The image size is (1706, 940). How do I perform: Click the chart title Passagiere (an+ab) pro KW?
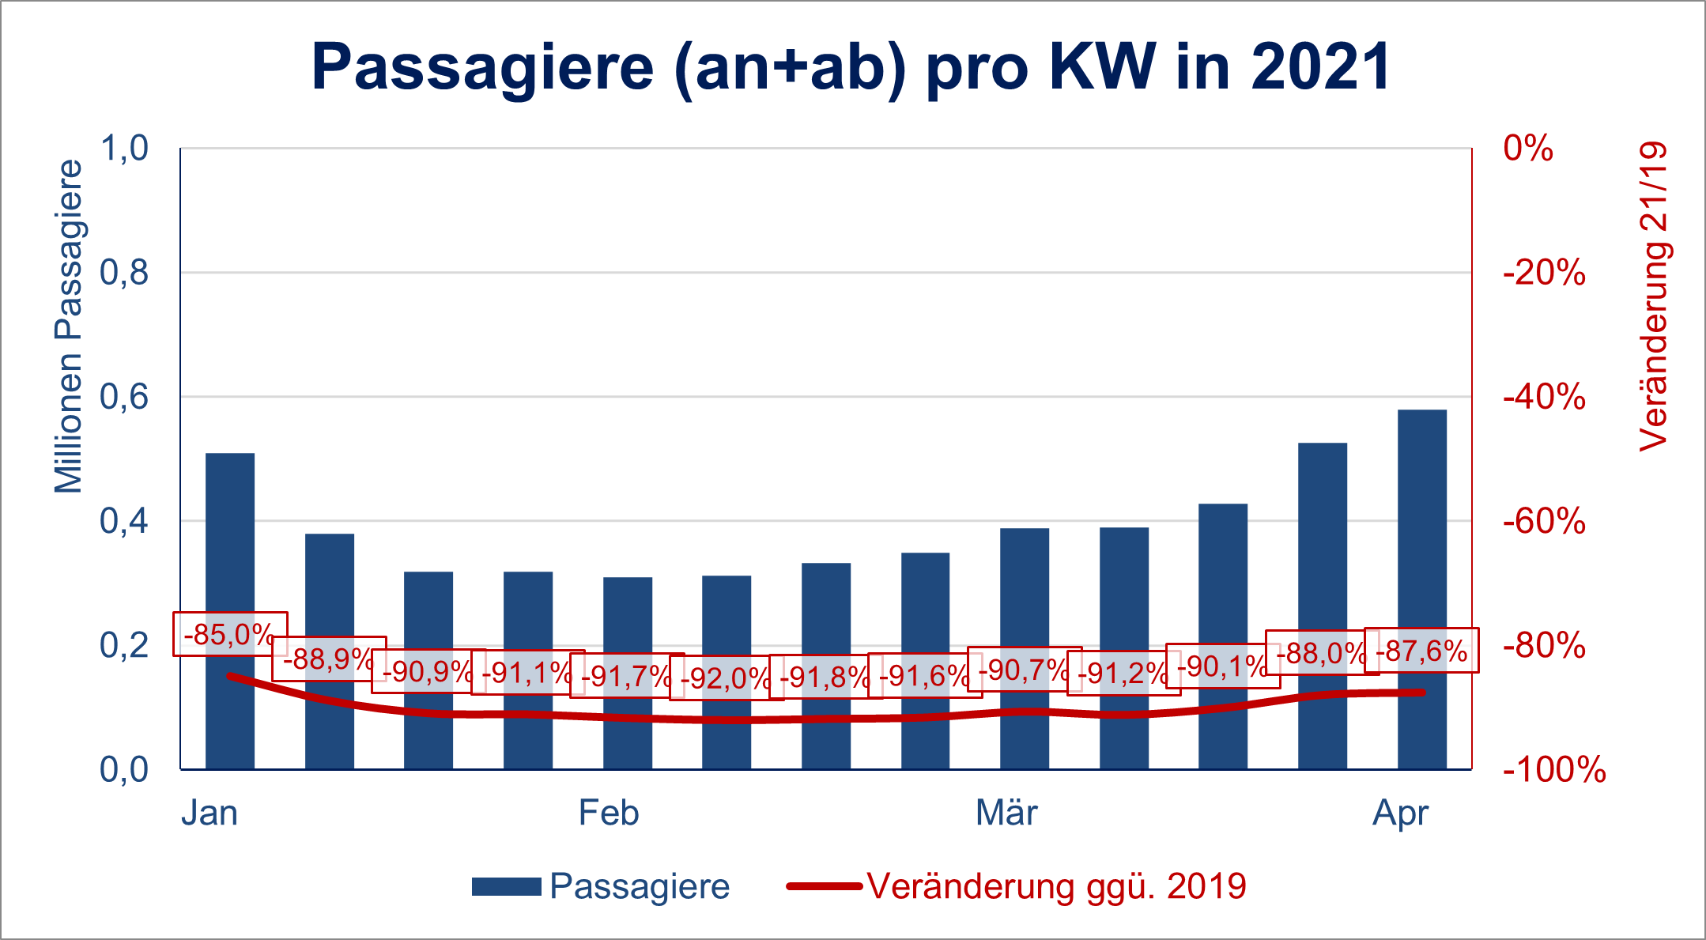(x=851, y=66)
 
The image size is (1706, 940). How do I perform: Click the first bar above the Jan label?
(x=230, y=538)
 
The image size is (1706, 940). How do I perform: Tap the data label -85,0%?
(x=229, y=634)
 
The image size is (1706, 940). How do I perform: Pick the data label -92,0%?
(x=726, y=678)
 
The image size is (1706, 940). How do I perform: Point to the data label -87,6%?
(x=1421, y=651)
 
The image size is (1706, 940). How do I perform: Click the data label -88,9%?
(x=329, y=659)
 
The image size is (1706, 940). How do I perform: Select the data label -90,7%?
(x=1024, y=670)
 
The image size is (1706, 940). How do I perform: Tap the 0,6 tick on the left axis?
(x=124, y=397)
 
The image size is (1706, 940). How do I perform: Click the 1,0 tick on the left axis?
(x=124, y=148)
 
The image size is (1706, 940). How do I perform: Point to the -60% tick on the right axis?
(x=1544, y=522)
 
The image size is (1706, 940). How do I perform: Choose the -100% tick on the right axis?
(x=1554, y=770)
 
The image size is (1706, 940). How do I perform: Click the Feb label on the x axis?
(x=608, y=813)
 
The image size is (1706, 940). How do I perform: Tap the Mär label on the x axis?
(x=1006, y=813)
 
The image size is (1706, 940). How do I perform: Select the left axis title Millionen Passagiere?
(x=69, y=326)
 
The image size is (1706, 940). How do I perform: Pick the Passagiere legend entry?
(x=601, y=886)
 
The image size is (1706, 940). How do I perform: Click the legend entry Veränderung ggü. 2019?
(x=1017, y=886)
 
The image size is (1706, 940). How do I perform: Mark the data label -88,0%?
(x=1322, y=653)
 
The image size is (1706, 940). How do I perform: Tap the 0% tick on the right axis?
(x=1527, y=148)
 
